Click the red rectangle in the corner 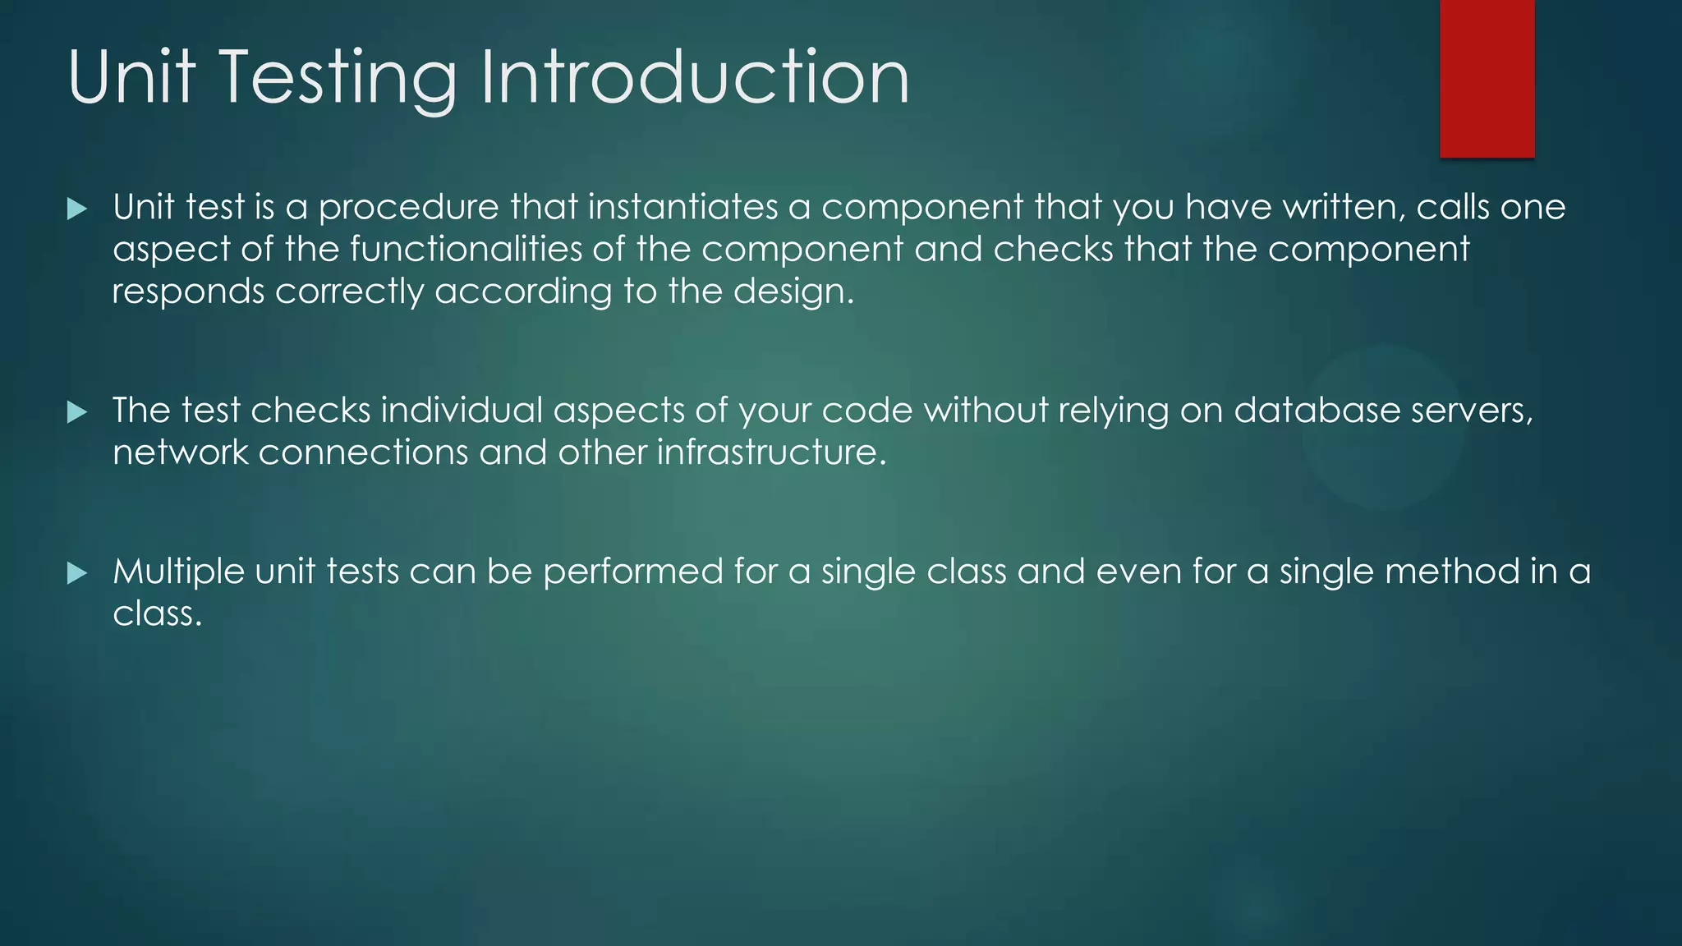pos(1487,78)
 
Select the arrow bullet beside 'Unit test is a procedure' pos(76,209)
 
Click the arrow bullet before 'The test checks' pos(76,411)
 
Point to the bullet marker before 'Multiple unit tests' pos(76,572)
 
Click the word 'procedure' pos(408,208)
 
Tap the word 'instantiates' pos(682,207)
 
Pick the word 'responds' pos(188,292)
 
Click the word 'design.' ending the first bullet pos(793,292)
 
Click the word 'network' pos(180,452)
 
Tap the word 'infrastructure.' pos(772,452)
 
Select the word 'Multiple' pos(178,572)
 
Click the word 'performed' pos(632,572)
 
